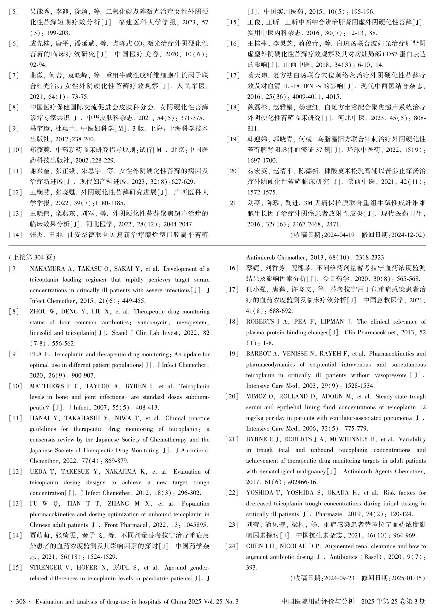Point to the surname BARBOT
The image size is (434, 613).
click(x=257, y=354)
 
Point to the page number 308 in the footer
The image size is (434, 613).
click(x=21, y=602)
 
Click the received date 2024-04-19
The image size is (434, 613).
click(x=339, y=235)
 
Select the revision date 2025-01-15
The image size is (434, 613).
click(x=407, y=578)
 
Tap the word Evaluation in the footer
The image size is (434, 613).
click(x=49, y=602)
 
